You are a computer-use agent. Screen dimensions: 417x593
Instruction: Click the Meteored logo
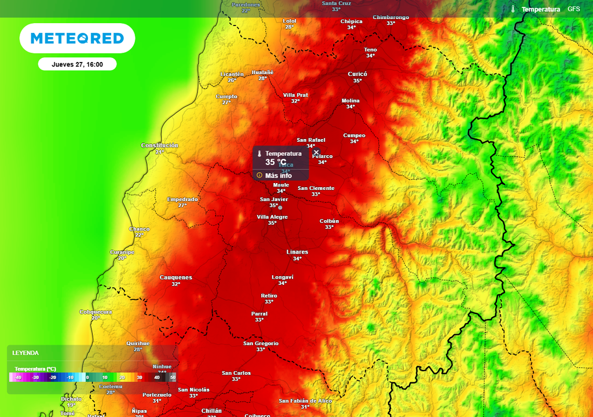click(x=77, y=38)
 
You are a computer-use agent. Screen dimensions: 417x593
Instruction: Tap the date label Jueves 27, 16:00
click(x=77, y=64)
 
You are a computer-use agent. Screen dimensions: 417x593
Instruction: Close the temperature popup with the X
click(x=316, y=152)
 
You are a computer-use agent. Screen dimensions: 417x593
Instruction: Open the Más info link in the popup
click(x=278, y=175)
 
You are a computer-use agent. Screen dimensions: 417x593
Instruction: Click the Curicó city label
click(x=357, y=74)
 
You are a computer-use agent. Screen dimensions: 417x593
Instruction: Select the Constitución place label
click(x=160, y=145)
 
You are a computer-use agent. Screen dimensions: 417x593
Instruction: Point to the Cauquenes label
click(x=175, y=277)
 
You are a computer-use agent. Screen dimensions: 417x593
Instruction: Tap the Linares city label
click(x=297, y=252)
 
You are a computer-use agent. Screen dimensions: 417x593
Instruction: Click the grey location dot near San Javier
click(x=280, y=207)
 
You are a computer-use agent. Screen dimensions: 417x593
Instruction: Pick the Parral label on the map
click(x=259, y=313)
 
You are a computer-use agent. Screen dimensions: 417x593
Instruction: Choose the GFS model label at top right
click(x=573, y=9)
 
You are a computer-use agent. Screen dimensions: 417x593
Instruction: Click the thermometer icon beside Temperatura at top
click(x=513, y=9)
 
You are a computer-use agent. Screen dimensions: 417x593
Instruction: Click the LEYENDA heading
click(x=26, y=353)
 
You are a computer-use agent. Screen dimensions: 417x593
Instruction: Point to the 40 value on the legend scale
click(x=156, y=378)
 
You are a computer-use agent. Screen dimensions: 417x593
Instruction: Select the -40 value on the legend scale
click(x=19, y=378)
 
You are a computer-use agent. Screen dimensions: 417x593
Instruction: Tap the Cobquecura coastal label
click(x=96, y=312)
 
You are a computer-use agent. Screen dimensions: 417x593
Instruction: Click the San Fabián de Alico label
click(x=305, y=401)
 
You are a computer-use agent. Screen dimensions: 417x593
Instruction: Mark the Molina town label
click(x=350, y=101)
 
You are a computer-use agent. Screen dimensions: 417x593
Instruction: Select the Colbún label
click(x=329, y=221)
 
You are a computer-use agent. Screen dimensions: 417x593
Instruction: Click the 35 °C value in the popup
click(x=276, y=162)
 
